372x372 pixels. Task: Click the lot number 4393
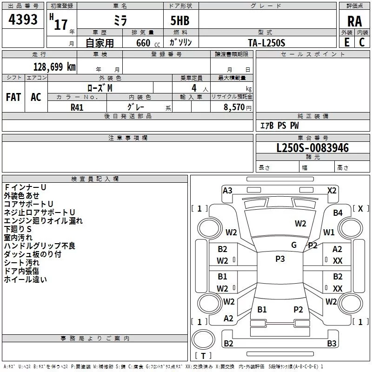coord(23,20)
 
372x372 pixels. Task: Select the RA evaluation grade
coord(354,21)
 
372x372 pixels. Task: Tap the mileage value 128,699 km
coord(54,67)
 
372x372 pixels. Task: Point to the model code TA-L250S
coord(266,43)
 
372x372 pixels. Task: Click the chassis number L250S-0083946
coord(312,148)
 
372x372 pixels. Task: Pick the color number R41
coord(77,107)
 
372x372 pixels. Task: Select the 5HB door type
coord(180,20)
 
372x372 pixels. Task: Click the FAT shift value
coord(13,97)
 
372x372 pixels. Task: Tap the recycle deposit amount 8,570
coord(234,107)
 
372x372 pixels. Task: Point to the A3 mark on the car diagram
coord(227,191)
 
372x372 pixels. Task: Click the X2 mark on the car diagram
coord(332,191)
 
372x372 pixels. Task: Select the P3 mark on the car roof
coord(280,259)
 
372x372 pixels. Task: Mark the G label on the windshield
coord(294,245)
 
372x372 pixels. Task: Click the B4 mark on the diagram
coord(338,213)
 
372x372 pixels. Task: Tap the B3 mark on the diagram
coord(332,343)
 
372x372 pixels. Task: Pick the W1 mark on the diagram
coord(329,232)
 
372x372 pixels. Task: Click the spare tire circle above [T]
coord(203,339)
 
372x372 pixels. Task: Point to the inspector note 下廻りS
coord(18,229)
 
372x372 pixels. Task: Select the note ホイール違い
coord(26,279)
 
